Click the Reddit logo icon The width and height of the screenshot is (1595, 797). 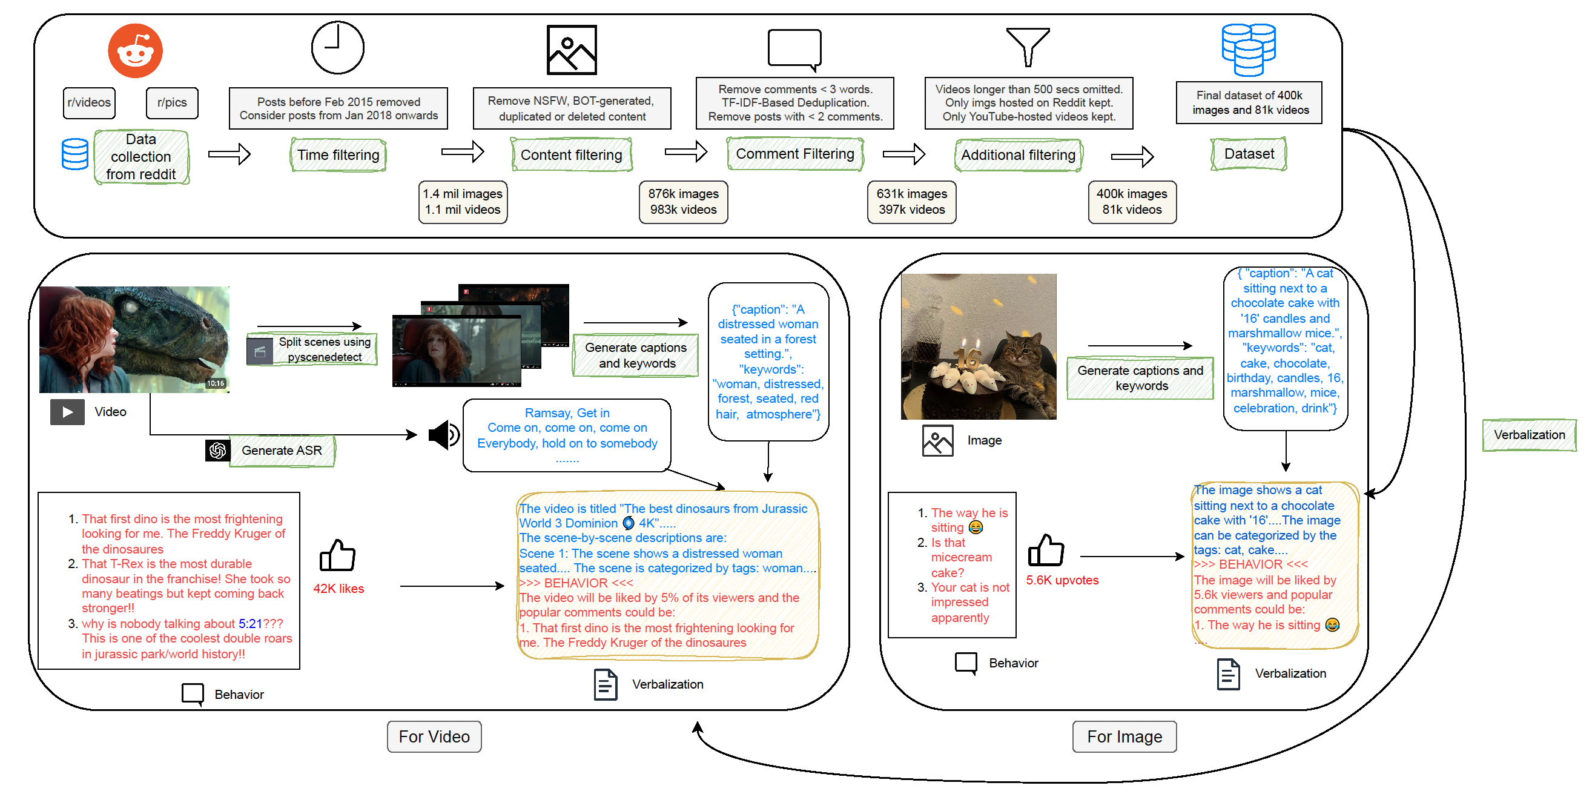pyautogui.click(x=135, y=51)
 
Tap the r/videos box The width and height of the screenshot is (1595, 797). pyautogui.click(x=89, y=103)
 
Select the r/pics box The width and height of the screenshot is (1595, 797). pyautogui.click(x=171, y=103)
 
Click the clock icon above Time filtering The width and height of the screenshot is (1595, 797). pyautogui.click(x=337, y=48)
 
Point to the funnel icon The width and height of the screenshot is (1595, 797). pyautogui.click(x=1028, y=47)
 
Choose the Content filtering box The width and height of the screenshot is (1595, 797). pyautogui.click(x=571, y=155)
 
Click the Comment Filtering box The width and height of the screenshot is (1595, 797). pyautogui.click(x=794, y=154)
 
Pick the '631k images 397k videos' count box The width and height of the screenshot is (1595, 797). pyautogui.click(x=911, y=202)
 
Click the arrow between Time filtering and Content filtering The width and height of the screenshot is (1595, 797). pyautogui.click(x=462, y=152)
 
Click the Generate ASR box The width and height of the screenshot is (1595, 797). pyautogui.click(x=281, y=451)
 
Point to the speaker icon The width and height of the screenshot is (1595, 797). pyautogui.click(x=443, y=435)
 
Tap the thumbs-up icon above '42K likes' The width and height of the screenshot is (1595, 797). pyautogui.click(x=337, y=555)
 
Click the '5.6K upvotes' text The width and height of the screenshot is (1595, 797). pyautogui.click(x=1062, y=580)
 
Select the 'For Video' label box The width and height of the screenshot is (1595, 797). pyautogui.click(x=434, y=737)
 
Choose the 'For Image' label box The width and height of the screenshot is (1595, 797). pyautogui.click(x=1124, y=737)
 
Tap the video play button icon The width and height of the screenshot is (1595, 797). pyautogui.click(x=67, y=412)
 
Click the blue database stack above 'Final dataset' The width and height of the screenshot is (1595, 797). pyautogui.click(x=1248, y=49)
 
